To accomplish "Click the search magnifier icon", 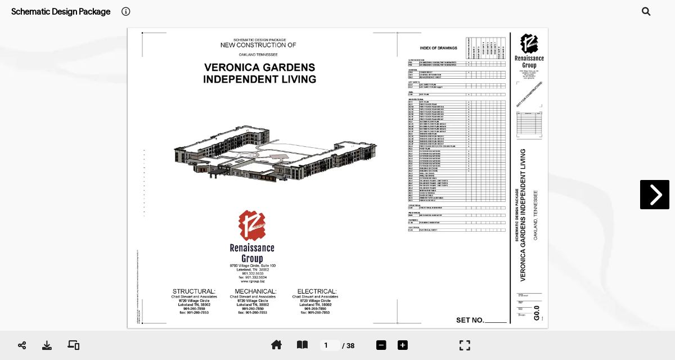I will click(x=646, y=11).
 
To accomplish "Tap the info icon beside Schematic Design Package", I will click(x=126, y=11).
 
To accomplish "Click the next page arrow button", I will click(x=654, y=195).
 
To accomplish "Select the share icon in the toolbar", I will click(x=22, y=345).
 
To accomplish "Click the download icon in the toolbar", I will click(x=47, y=345).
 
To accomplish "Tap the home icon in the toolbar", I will click(x=276, y=345).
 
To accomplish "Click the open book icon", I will click(x=302, y=345).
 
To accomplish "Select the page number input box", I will click(x=329, y=345).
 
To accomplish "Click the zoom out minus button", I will click(x=381, y=345).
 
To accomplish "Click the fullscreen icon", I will click(x=465, y=345).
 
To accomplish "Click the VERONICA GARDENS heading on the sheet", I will click(x=259, y=67).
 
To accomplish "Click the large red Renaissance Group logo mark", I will click(x=251, y=226).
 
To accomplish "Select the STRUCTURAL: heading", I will click(x=193, y=291).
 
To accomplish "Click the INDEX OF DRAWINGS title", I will click(x=438, y=48).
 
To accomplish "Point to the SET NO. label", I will click(x=470, y=320).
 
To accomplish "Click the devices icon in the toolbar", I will click(x=74, y=345).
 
